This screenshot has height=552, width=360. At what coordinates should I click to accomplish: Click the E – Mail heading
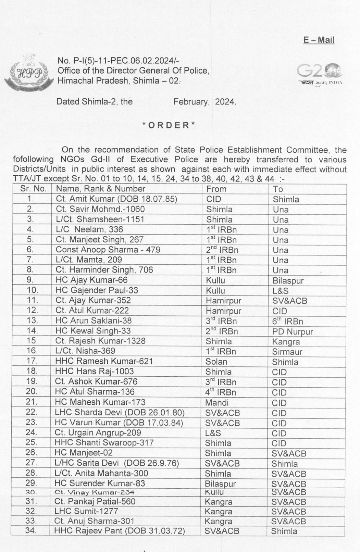319,40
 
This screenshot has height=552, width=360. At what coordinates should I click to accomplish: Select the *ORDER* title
169,125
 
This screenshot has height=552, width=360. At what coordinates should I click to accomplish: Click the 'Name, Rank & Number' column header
100,189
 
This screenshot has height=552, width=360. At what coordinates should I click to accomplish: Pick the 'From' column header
216,189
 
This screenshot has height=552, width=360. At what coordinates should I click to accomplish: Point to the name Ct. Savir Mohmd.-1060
100,209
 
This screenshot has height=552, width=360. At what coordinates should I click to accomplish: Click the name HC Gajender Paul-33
97,290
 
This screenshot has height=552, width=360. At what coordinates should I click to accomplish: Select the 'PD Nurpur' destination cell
293,332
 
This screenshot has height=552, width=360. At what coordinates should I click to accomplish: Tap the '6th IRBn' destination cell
287,322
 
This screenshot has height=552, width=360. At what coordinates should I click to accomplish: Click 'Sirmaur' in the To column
287,352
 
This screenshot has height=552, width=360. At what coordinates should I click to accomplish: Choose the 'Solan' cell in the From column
216,362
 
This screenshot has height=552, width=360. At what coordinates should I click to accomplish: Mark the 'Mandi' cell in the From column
216,402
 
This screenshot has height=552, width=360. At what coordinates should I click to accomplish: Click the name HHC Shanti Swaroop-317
104,443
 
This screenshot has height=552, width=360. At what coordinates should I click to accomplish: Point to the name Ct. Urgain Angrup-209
98,433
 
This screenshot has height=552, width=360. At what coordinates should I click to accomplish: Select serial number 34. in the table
31,531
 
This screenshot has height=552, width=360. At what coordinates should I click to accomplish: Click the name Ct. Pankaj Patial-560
95,502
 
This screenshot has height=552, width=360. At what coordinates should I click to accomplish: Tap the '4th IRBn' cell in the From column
221,392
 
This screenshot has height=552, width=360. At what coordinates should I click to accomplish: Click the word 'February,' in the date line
191,102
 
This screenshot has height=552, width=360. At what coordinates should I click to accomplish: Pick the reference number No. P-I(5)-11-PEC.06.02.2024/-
118,61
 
